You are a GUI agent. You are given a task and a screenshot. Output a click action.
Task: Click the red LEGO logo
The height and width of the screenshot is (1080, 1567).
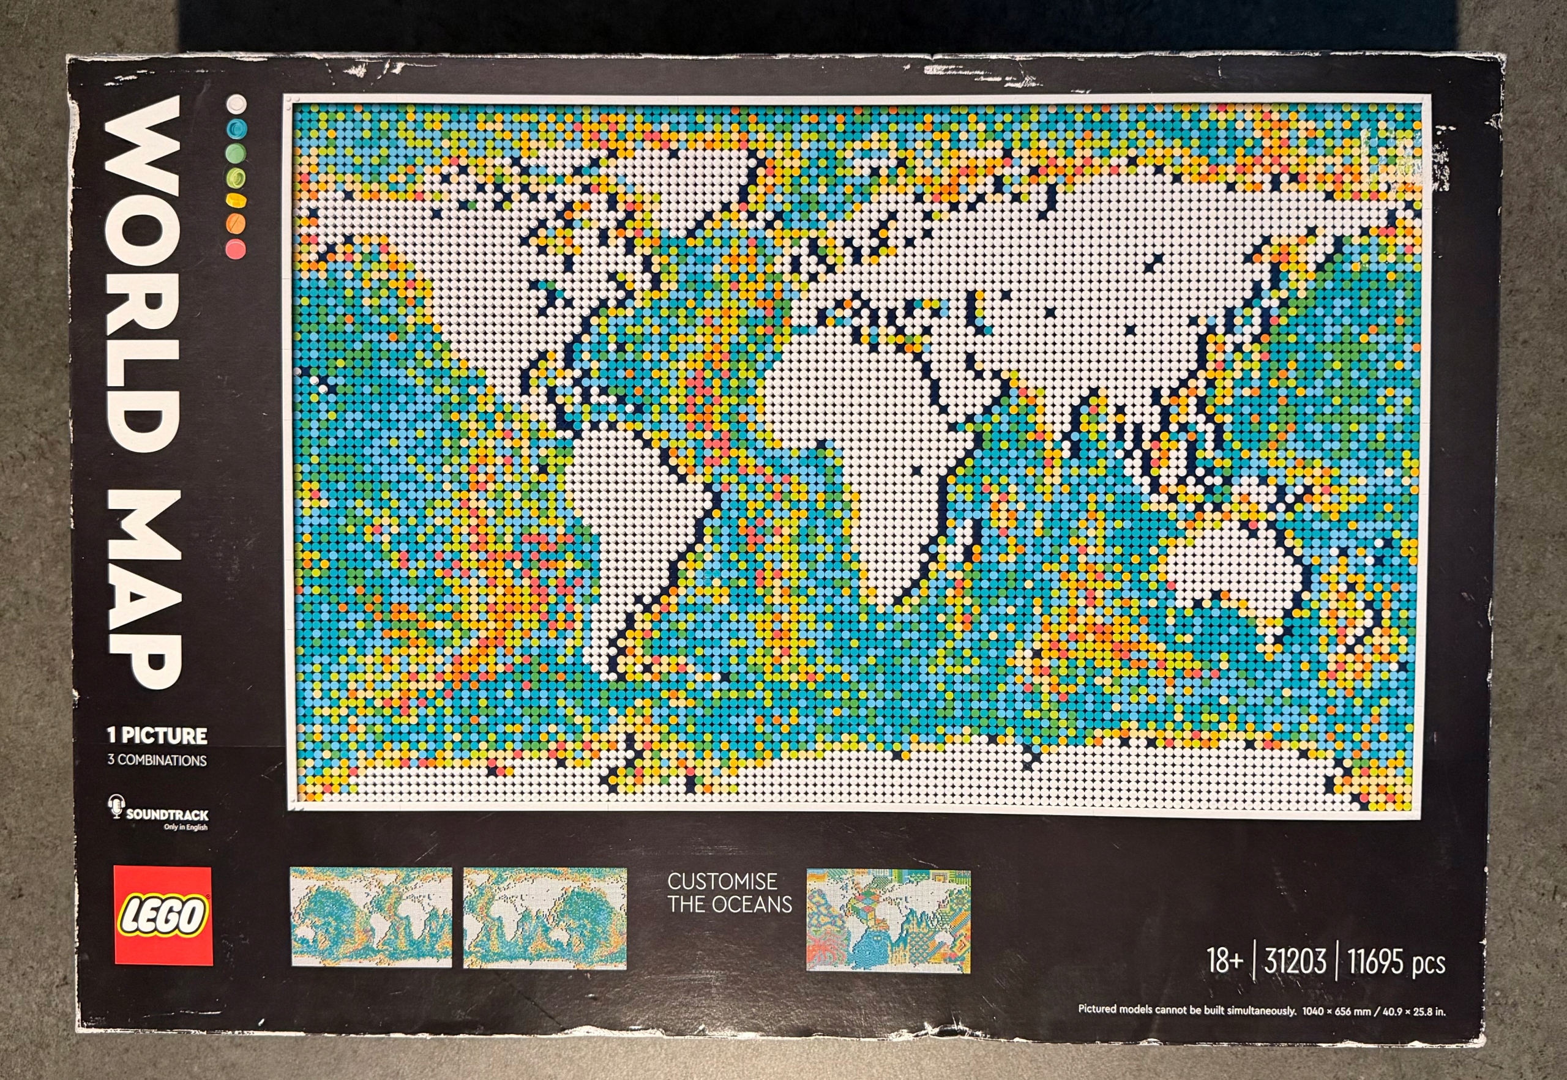point(162,915)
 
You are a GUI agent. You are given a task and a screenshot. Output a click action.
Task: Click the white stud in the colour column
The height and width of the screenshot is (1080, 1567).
point(236,103)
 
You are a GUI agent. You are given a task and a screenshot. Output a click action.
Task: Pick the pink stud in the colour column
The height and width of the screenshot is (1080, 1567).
point(236,248)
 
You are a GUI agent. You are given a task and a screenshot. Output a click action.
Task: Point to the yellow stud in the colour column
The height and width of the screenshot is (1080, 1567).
point(236,200)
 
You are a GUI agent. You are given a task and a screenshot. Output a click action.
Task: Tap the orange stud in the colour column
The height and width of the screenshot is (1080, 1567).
point(236,223)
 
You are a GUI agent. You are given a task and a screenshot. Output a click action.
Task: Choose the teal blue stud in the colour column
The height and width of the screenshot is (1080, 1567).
point(236,128)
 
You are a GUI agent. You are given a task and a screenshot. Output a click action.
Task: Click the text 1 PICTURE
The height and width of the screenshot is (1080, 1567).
point(157,736)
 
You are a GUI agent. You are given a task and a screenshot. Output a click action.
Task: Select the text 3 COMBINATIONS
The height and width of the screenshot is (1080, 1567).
point(157,760)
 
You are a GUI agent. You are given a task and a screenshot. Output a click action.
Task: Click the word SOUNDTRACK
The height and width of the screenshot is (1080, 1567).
point(167,814)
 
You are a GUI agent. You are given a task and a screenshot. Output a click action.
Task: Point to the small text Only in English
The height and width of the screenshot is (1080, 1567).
point(185,827)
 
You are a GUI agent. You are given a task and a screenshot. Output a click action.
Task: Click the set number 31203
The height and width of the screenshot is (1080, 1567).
point(1295,961)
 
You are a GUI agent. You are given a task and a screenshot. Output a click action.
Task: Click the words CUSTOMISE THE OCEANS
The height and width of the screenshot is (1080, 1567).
point(729,893)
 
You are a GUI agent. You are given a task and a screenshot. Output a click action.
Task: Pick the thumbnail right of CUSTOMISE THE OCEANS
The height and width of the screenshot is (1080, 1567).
point(888,920)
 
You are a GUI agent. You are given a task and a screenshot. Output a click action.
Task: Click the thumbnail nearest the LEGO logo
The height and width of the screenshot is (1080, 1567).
point(372,917)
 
